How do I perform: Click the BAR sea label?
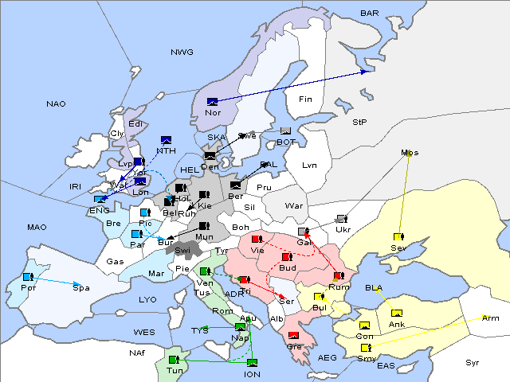click(x=370, y=13)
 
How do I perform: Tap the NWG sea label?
click(x=182, y=52)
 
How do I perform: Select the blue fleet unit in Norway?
click(x=212, y=101)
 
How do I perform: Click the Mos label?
click(x=410, y=153)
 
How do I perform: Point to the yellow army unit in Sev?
click(x=398, y=236)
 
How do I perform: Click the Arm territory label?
click(x=491, y=318)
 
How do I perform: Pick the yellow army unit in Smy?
click(x=366, y=348)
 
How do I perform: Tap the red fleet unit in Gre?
click(x=293, y=335)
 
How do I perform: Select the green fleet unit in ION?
click(x=252, y=363)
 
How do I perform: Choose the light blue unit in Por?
click(x=28, y=276)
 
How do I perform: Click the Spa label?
click(x=81, y=287)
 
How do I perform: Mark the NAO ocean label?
click(x=57, y=103)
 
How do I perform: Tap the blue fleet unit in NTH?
click(x=166, y=141)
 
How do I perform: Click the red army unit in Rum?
click(x=339, y=276)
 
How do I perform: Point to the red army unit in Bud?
click(x=287, y=257)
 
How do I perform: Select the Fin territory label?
click(x=304, y=99)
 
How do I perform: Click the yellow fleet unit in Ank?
click(x=397, y=313)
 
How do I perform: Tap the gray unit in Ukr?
click(x=342, y=219)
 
